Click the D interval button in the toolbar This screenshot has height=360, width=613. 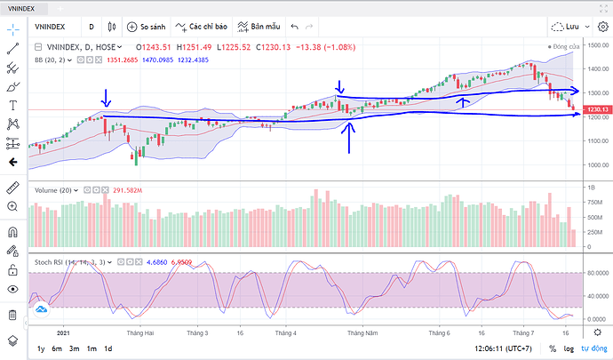tap(92, 27)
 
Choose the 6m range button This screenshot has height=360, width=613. tap(57, 348)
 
